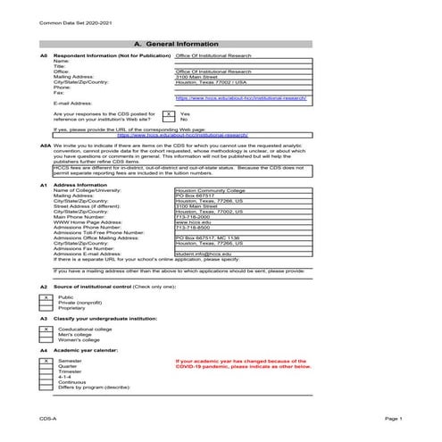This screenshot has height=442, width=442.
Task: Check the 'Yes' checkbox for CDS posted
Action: coord(167,113)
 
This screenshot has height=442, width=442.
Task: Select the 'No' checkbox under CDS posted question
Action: coord(167,120)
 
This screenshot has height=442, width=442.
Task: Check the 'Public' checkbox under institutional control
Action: coord(46,296)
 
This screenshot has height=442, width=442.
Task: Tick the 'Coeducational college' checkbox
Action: coord(46,329)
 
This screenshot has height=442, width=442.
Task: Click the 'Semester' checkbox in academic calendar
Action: coord(46,361)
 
